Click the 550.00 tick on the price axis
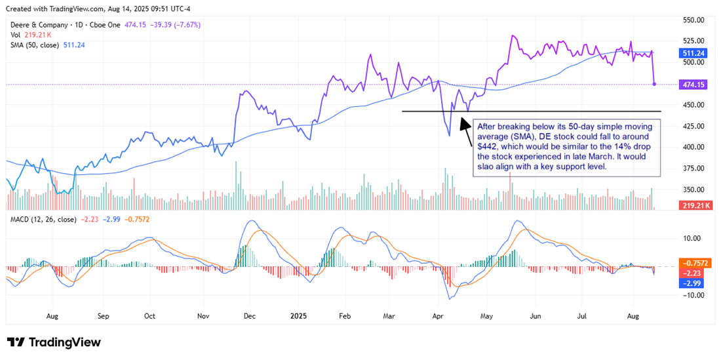pos(693,20)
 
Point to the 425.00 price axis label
pos(693,126)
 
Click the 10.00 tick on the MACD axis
pos(692,239)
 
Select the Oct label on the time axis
pos(150,315)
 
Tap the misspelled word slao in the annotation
pos(488,167)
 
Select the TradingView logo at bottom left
pos(54,342)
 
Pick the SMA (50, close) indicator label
pos(33,45)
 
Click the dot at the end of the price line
pos(655,84)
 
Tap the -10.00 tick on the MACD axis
pos(692,295)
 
